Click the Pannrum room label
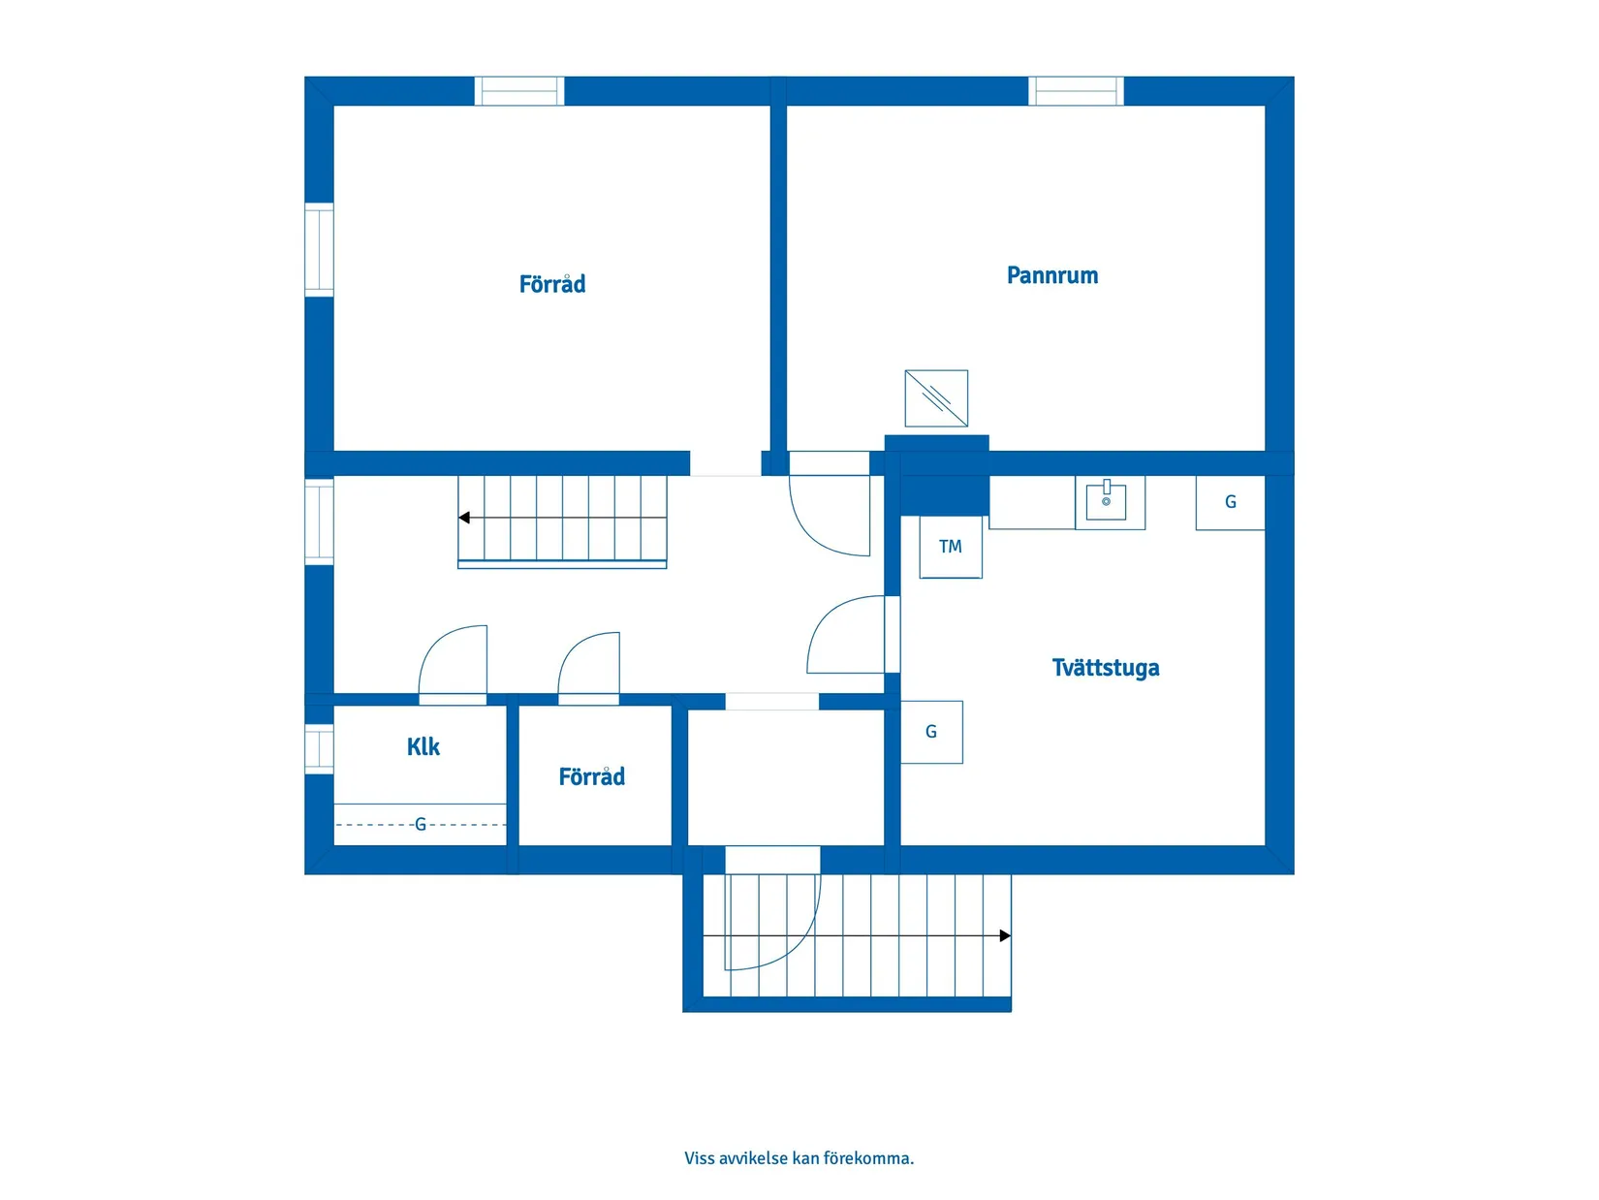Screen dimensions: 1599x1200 (1051, 275)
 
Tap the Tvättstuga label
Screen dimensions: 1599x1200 (1105, 668)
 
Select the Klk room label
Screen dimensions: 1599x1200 (423, 746)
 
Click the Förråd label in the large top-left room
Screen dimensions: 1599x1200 (551, 283)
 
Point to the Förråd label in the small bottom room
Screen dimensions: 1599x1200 (591, 776)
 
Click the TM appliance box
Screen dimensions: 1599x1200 (951, 547)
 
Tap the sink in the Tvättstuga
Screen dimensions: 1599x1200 (1106, 502)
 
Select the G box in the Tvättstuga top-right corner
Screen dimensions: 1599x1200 (1230, 502)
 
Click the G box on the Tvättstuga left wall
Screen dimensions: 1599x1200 (931, 732)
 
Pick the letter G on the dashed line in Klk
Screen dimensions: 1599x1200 (421, 824)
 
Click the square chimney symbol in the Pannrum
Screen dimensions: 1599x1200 (936, 397)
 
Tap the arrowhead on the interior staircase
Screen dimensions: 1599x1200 (464, 518)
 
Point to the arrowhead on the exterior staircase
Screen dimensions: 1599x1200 (1005, 935)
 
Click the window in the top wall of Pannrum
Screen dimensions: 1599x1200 (1076, 91)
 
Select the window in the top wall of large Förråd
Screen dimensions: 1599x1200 (519, 91)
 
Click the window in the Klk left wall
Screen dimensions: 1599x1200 (319, 748)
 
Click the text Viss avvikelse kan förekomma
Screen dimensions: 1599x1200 (799, 1157)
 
